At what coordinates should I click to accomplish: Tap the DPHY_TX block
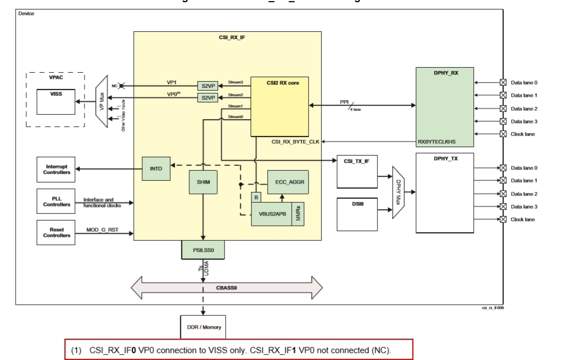click(445, 193)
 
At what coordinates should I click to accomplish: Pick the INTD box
click(156, 168)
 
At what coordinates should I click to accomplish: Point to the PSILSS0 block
click(203, 250)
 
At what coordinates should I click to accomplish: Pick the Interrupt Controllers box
click(57, 169)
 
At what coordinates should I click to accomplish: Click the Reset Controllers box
click(57, 232)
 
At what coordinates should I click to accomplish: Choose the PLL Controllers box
click(57, 200)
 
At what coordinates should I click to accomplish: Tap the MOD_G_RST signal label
click(101, 230)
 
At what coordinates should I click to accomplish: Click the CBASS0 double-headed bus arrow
click(227, 287)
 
